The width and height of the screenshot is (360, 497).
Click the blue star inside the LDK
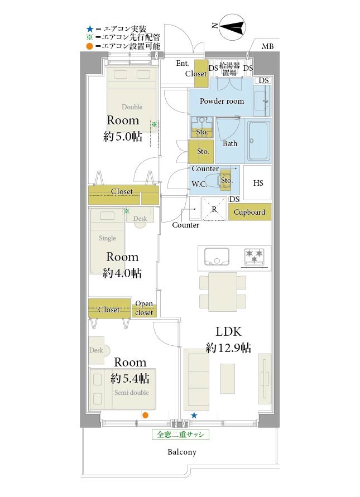(194, 415)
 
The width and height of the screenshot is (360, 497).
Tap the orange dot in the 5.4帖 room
(145, 415)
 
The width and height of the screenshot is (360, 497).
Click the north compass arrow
(232, 27)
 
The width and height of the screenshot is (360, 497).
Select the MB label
(267, 47)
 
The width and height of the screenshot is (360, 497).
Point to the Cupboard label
(249, 212)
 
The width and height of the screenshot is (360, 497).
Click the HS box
(257, 182)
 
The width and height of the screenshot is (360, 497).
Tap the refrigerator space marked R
(214, 209)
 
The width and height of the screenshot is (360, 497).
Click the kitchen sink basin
(217, 257)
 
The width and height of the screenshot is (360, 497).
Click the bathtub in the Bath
(259, 141)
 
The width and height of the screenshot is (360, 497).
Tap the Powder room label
(222, 101)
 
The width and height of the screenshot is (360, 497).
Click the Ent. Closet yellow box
(201, 74)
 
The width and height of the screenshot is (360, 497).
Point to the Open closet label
(144, 308)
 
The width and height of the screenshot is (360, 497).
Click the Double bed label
(132, 107)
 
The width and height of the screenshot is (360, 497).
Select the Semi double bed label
(132, 392)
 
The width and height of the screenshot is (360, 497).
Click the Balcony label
(182, 452)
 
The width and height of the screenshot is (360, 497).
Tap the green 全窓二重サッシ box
(180, 434)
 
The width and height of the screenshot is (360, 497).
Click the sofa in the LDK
(196, 380)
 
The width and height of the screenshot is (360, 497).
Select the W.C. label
(199, 184)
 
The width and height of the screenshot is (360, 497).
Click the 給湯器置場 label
(229, 69)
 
